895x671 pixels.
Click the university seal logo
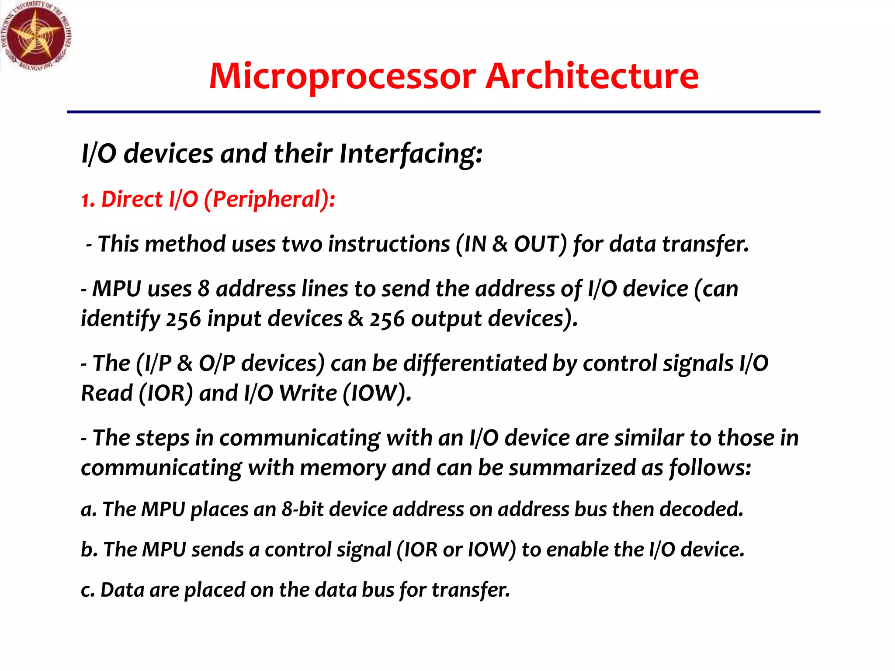(x=36, y=36)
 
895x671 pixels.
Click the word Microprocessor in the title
(x=342, y=76)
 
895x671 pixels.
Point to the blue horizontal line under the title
(x=443, y=112)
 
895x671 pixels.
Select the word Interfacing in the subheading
(x=410, y=154)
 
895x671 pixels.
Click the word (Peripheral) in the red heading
(x=269, y=200)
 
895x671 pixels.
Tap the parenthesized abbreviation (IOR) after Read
(x=166, y=393)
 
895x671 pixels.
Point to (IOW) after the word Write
(x=377, y=393)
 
